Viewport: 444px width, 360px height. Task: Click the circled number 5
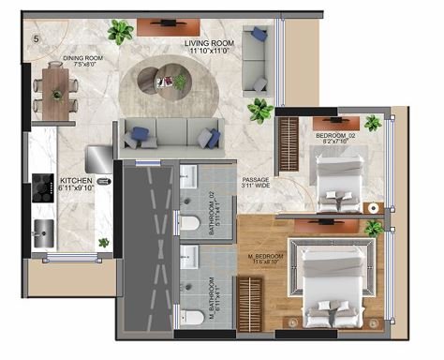click(x=36, y=38)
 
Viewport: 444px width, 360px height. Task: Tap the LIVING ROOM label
click(x=209, y=47)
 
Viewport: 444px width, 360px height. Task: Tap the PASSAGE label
click(x=256, y=183)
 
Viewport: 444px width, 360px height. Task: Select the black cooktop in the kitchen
click(x=42, y=187)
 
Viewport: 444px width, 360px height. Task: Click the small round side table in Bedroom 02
click(x=372, y=207)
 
